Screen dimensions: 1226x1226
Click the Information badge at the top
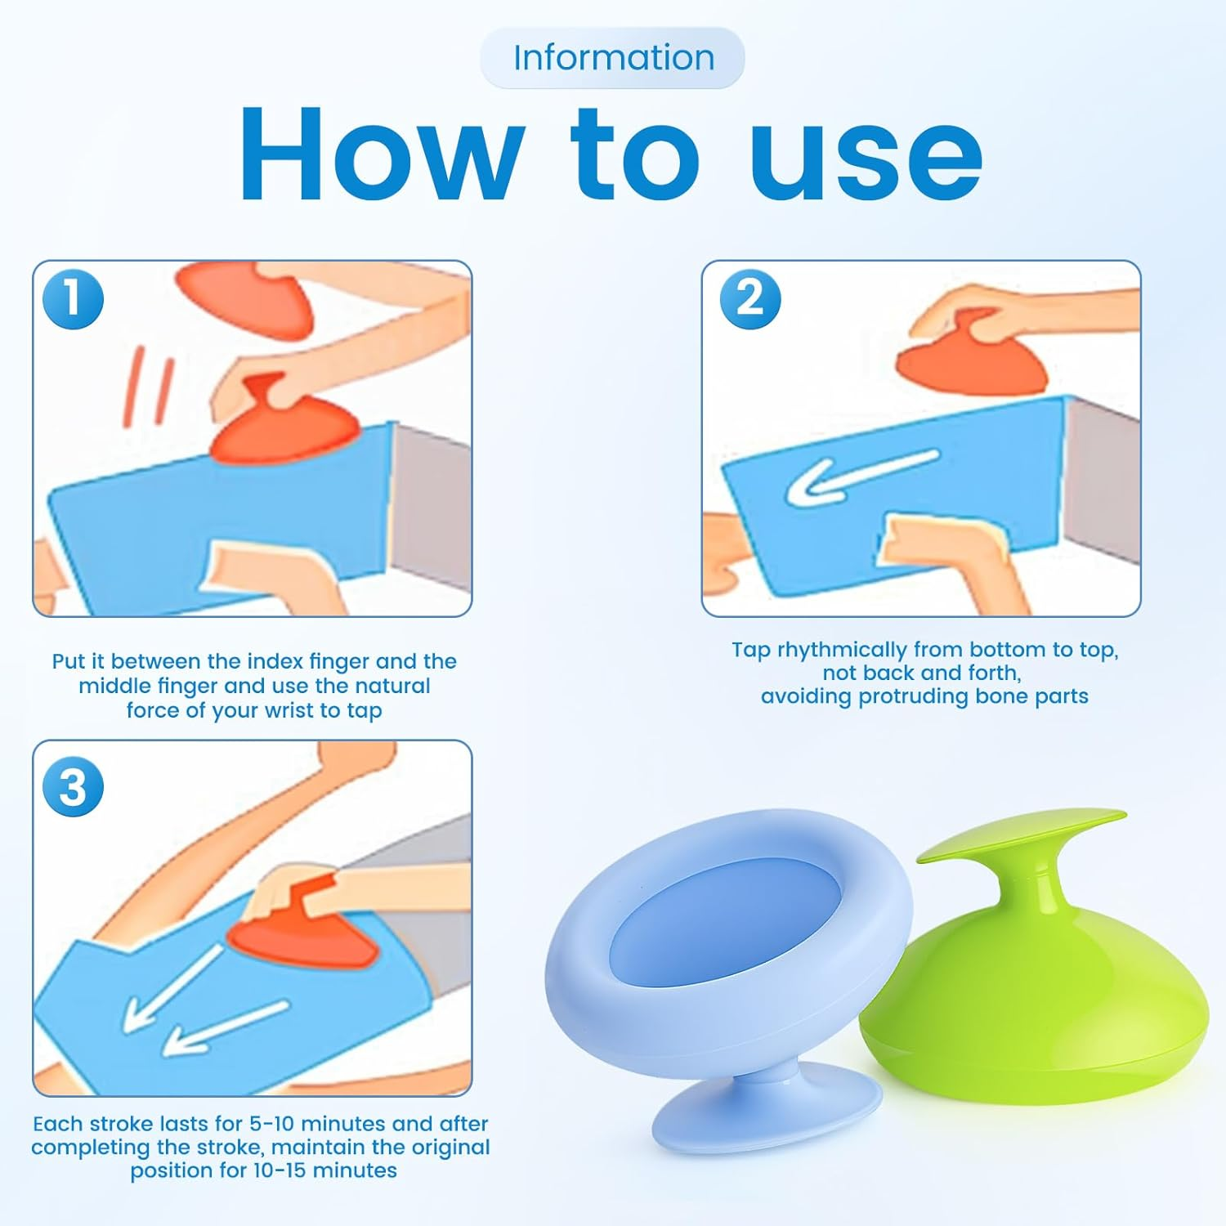[613, 58]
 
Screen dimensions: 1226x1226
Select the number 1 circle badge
[73, 298]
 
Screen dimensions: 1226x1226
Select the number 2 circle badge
[749, 298]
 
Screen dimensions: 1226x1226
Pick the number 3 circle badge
[73, 787]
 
